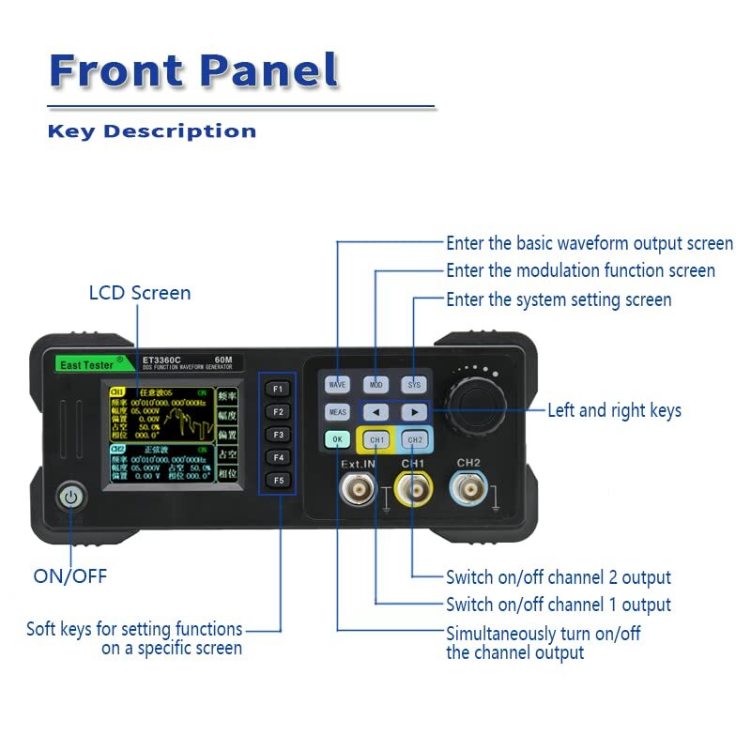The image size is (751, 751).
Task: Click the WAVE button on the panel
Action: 337,385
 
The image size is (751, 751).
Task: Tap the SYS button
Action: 414,385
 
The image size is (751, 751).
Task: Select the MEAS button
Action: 337,412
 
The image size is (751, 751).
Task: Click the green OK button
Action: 337,439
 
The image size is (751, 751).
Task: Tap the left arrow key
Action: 375,412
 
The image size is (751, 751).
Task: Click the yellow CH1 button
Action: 376,439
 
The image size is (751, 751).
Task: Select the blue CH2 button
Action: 415,439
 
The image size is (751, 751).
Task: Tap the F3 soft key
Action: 277,435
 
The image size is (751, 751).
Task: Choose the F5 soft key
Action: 277,480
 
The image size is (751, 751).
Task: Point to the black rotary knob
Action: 473,410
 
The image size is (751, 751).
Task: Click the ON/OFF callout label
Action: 70,576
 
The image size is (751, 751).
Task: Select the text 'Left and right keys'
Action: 614,410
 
